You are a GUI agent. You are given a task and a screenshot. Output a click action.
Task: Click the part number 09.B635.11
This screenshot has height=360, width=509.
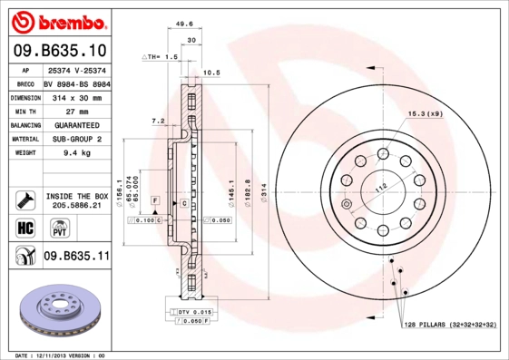(x=76, y=257)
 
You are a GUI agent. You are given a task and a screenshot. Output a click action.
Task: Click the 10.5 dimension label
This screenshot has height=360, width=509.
(x=212, y=72)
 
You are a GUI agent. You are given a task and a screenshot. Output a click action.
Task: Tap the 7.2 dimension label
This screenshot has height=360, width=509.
(x=158, y=121)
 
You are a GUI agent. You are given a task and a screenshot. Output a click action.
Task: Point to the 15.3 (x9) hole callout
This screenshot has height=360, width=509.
(x=425, y=113)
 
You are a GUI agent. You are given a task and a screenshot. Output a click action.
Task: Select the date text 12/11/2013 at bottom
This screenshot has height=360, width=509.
(x=61, y=355)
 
